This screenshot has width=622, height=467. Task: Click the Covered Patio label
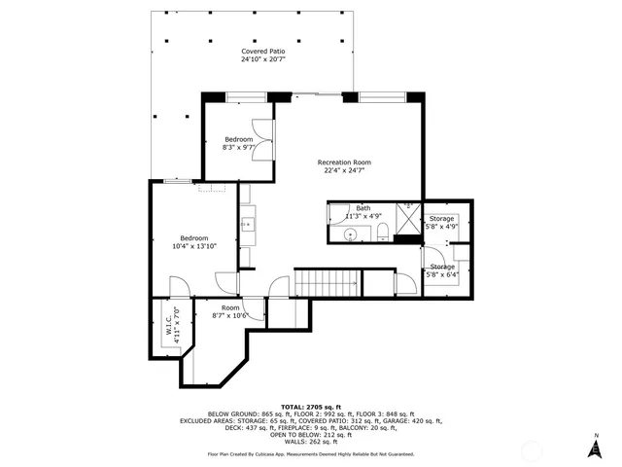pyautogui.click(x=258, y=51)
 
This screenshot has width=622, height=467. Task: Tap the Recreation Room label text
pyautogui.click(x=348, y=162)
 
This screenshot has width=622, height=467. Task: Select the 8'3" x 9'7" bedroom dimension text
pyautogui.click(x=238, y=148)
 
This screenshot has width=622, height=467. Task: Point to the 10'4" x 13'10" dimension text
pyautogui.click(x=194, y=247)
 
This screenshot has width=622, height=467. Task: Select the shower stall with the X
pyautogui.click(x=409, y=208)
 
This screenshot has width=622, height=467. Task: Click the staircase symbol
pyautogui.click(x=328, y=284)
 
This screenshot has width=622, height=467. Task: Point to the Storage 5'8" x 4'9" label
pyautogui.click(x=442, y=223)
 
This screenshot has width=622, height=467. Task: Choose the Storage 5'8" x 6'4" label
pyautogui.click(x=442, y=270)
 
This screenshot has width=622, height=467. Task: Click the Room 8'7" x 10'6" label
pyautogui.click(x=230, y=311)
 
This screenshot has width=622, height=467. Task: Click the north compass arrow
pyautogui.click(x=595, y=447)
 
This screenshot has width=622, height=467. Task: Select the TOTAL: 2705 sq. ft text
pyautogui.click(x=310, y=406)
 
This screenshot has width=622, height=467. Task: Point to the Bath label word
pyautogui.click(x=363, y=207)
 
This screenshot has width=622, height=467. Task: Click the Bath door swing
pyautogui.click(x=337, y=212)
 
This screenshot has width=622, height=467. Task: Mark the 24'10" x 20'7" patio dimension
pyautogui.click(x=258, y=59)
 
